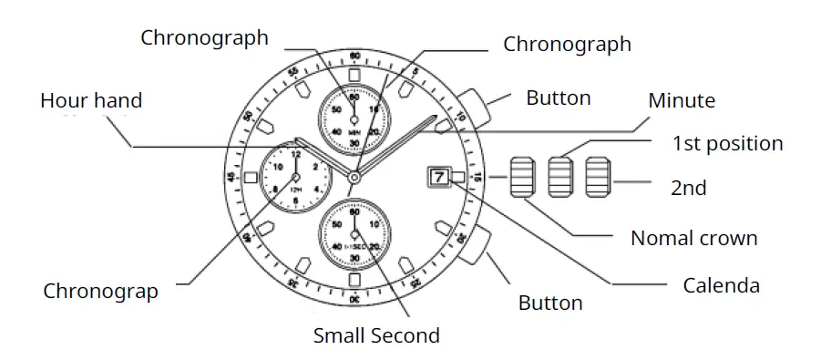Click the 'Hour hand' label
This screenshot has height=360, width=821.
coord(91,99)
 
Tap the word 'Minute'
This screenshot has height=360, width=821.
coord(681,100)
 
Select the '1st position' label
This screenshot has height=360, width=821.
coord(727,144)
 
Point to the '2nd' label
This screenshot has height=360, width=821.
coord(689,188)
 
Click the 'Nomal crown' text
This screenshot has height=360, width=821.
coord(693,239)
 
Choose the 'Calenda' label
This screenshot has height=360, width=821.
coord(722,285)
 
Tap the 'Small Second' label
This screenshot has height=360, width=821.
coord(376,334)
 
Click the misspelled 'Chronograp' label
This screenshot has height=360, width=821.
coord(100,292)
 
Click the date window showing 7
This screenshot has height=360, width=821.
coord(439,177)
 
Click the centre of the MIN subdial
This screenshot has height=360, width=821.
coord(354,117)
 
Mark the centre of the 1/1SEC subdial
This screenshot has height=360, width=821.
coord(354,235)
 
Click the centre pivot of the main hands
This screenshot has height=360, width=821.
coord(354,177)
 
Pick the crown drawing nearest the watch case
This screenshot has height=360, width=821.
coord(521,177)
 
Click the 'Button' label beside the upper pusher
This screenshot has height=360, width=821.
coord(559,98)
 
